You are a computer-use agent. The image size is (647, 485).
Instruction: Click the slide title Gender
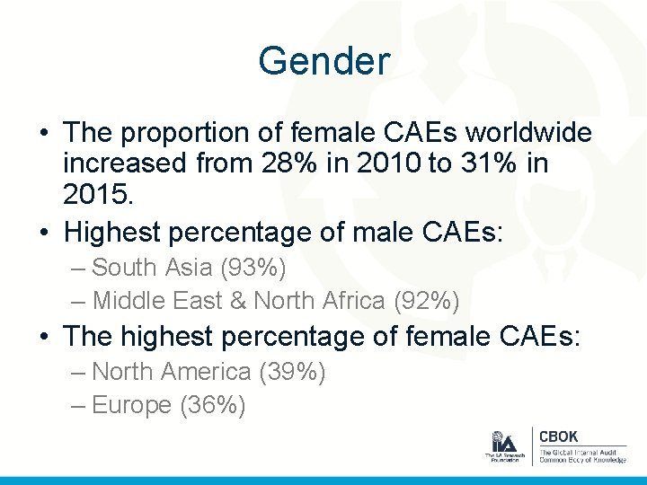tap(323, 61)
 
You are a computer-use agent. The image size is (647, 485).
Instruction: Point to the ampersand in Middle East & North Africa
tap(237, 300)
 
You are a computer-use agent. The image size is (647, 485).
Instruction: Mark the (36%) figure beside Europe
tap(213, 405)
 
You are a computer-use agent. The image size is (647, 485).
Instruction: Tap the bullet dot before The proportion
tap(44, 134)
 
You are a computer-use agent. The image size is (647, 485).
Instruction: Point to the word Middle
tap(126, 300)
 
